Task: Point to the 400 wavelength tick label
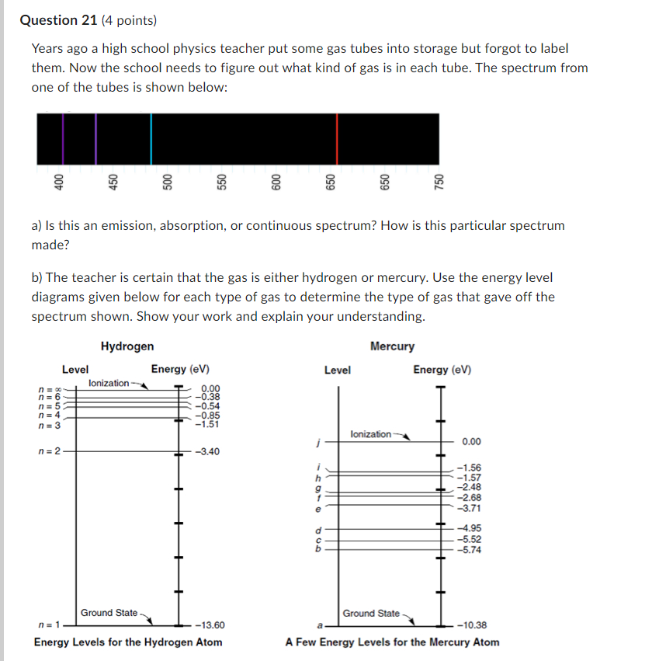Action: [58, 181]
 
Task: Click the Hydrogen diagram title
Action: [127, 346]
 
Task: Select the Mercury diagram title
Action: [392, 346]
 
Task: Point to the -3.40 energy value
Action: [210, 451]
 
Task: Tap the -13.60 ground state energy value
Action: [210, 624]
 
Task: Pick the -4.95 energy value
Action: [470, 528]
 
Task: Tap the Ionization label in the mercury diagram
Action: [371, 434]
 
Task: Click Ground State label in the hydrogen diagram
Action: [109, 613]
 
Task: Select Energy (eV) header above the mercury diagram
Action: [442, 370]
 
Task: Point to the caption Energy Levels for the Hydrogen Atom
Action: [128, 642]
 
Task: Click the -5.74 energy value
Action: [470, 549]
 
